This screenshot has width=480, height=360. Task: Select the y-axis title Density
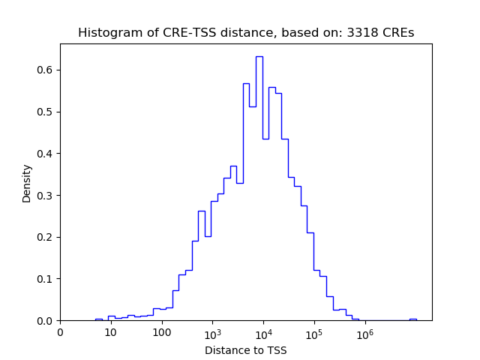pos(27,182)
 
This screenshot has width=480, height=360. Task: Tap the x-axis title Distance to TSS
pos(245,350)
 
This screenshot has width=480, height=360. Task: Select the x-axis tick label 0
pos(60,332)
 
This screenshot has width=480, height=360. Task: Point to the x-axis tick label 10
pos(110,332)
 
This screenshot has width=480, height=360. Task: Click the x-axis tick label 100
pos(161,332)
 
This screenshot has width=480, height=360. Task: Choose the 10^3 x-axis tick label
pos(212,331)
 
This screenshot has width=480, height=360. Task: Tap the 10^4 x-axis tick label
pos(263,331)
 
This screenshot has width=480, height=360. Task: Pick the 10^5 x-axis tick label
pos(313,331)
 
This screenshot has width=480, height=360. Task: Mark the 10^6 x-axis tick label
pos(364,331)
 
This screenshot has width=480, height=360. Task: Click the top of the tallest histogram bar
pos(259,56)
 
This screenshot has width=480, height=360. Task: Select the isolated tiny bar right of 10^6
pos(412,319)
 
